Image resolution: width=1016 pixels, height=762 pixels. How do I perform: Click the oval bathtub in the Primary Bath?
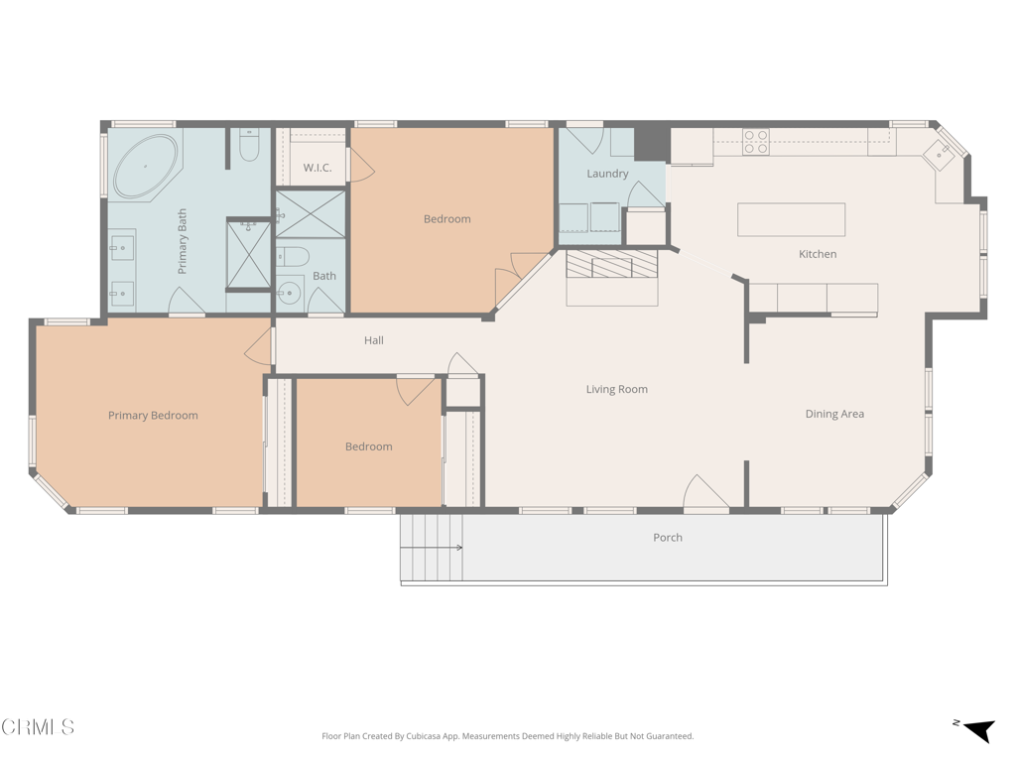(146, 167)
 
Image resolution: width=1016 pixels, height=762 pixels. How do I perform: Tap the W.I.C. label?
(317, 168)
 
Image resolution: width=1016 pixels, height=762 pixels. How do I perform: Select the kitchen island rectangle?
(791, 219)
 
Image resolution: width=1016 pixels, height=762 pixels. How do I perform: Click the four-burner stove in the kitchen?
(756, 142)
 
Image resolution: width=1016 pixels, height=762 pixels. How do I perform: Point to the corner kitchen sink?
(939, 154)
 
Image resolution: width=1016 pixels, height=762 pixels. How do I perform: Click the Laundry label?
(607, 174)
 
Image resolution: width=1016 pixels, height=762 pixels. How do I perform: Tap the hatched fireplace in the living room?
(612, 264)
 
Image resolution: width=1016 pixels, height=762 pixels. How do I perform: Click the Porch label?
(668, 538)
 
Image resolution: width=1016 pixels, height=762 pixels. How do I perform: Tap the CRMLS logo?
(38, 727)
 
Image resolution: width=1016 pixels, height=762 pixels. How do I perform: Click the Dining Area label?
(834, 414)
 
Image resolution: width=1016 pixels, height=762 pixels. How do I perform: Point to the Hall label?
(373, 340)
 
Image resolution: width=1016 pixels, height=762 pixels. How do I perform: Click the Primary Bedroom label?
(153, 416)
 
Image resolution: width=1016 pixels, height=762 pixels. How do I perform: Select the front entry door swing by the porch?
(705, 493)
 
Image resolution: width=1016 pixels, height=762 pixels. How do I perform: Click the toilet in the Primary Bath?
(249, 147)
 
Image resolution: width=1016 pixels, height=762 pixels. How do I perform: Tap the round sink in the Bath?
(289, 293)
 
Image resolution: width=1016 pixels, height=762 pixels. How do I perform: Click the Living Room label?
(616, 389)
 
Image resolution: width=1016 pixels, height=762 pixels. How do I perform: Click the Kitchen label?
(818, 254)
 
